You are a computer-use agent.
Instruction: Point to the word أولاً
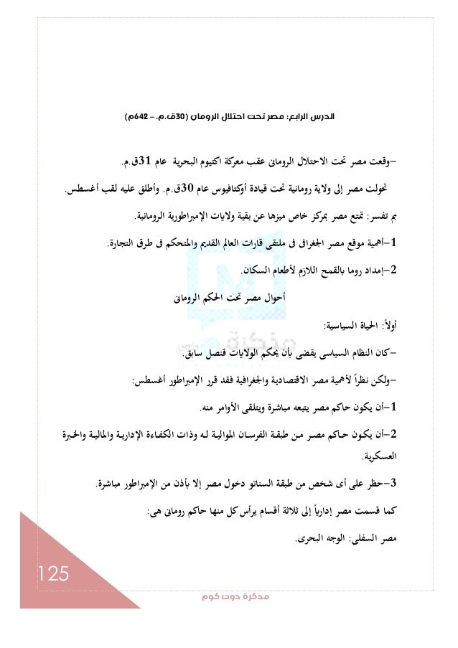[387, 327]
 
